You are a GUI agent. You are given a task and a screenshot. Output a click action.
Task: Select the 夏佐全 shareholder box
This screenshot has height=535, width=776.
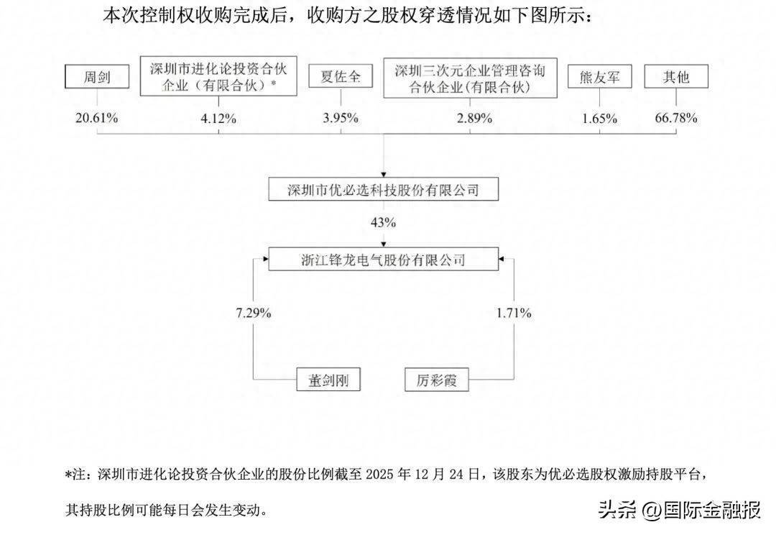(340, 77)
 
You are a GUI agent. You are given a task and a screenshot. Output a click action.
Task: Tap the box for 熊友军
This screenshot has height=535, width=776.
(599, 77)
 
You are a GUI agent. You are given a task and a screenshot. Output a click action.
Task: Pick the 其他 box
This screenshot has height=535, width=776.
(676, 77)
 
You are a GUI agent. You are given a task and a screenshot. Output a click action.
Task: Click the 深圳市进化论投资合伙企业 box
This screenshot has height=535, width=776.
(218, 78)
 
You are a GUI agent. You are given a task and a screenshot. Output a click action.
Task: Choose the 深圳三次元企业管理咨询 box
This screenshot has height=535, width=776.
(471, 78)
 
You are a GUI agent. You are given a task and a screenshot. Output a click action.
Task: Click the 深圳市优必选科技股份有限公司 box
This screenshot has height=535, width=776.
(382, 190)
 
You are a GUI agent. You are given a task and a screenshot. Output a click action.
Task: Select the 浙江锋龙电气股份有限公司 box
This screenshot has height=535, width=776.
(382, 259)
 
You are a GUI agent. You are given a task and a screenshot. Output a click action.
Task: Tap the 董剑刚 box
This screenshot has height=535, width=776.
(328, 379)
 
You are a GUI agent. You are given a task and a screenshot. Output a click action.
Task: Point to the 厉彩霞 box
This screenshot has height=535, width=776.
(435, 379)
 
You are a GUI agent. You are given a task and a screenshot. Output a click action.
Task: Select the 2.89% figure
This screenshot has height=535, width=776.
(471, 118)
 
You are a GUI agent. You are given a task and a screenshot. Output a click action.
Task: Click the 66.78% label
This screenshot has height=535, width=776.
(675, 118)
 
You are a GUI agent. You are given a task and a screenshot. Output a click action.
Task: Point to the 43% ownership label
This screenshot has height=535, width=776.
(382, 223)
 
